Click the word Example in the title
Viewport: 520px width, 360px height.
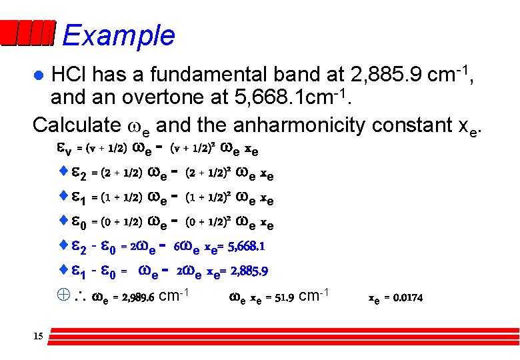(x=119, y=35)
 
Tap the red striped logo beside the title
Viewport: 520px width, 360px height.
(x=28, y=34)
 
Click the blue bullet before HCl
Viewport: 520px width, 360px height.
(x=39, y=72)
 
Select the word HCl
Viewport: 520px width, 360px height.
(x=71, y=71)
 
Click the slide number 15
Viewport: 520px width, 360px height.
(x=37, y=337)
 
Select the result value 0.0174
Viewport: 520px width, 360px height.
(x=408, y=297)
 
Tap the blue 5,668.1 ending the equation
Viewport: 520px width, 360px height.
(x=245, y=247)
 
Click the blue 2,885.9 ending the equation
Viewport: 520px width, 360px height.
(x=246, y=271)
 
